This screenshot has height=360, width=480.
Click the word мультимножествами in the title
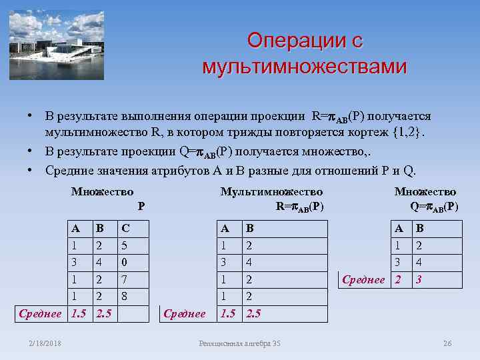click(x=304, y=67)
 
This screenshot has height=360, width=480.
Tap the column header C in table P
click(x=125, y=228)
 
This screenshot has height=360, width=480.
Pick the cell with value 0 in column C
click(x=123, y=262)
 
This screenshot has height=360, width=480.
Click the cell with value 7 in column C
click(x=123, y=279)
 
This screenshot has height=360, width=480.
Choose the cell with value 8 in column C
click(x=123, y=295)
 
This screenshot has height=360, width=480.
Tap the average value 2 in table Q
click(x=398, y=279)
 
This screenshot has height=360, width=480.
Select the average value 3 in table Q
click(x=419, y=279)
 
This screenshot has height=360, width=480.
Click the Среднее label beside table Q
click(x=363, y=279)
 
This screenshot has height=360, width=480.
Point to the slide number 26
click(x=447, y=343)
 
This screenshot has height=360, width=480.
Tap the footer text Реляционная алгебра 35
click(x=240, y=343)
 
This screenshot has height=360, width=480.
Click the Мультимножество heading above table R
click(x=271, y=192)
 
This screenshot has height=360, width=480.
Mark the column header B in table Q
click(x=419, y=228)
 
